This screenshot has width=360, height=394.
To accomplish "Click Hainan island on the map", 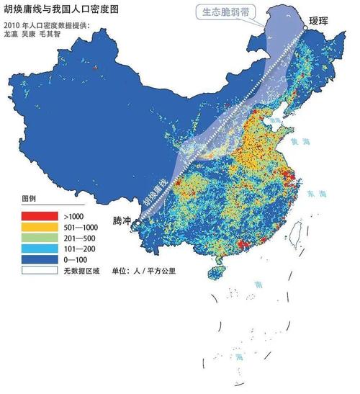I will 215,274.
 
